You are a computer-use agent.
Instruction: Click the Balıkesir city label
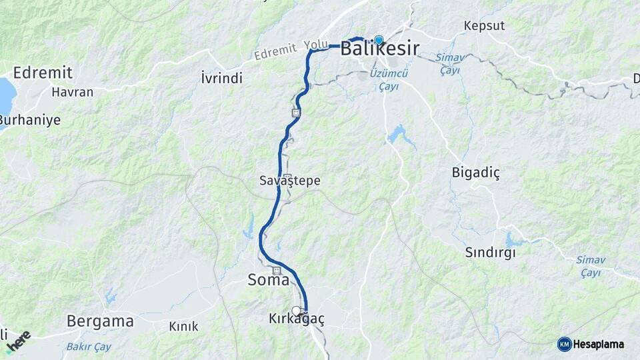coord(380,49)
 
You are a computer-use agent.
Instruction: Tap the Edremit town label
coord(43,73)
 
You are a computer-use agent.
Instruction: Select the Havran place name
coord(73,92)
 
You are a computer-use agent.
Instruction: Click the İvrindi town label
coord(221,79)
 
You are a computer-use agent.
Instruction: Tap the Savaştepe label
coord(290,181)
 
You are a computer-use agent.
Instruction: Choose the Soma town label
coord(269,280)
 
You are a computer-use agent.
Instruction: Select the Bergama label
coord(100,321)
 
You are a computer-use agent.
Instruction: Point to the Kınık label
coord(183,326)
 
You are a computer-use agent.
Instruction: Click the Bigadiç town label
coord(475,173)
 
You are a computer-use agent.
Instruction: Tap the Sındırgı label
coord(491,253)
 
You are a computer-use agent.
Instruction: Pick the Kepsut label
coord(485,26)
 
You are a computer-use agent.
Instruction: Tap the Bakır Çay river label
coord(89,347)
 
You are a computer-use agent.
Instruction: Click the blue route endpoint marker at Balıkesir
coord(379,40)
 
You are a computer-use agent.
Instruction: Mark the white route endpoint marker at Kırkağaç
coord(296,311)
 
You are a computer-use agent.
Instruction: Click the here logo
coord(18,341)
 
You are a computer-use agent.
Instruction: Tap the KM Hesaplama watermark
coord(591,344)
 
